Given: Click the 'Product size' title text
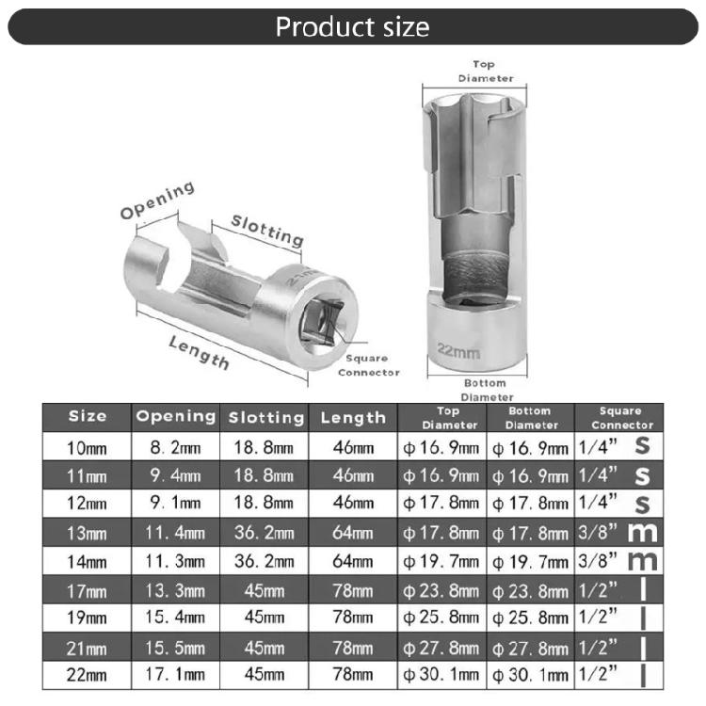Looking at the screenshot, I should pyautogui.click(x=352, y=25).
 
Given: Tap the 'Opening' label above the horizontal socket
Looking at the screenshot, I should pyautogui.click(x=157, y=200).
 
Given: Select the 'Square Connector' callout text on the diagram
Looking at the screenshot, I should pyautogui.click(x=368, y=365).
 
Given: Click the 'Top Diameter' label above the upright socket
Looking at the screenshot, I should pyautogui.click(x=485, y=72).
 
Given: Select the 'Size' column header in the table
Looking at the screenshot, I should pyautogui.click(x=88, y=416).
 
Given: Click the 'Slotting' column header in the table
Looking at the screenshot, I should pyautogui.click(x=267, y=417).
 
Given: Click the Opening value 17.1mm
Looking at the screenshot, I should pyautogui.click(x=176, y=675).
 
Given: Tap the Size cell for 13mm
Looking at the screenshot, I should pyautogui.click(x=88, y=534).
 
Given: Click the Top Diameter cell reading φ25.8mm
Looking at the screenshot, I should pyautogui.click(x=441, y=618).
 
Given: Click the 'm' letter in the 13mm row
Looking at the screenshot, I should pyautogui.click(x=642, y=533).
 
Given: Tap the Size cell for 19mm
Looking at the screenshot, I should pyautogui.click(x=88, y=618).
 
